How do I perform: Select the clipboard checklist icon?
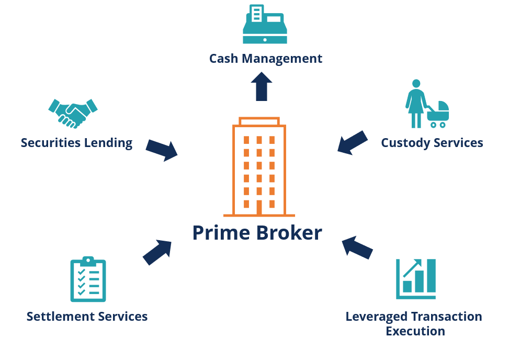pos(88,280)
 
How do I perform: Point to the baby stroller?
pos(438,115)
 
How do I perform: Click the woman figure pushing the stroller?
pos(416,104)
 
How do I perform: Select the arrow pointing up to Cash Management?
pos(261,86)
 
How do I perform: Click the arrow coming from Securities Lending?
pos(162,150)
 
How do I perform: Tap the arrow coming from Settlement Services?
pos(157,252)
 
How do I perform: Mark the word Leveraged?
pos(377,317)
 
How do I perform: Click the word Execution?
pos(415,331)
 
